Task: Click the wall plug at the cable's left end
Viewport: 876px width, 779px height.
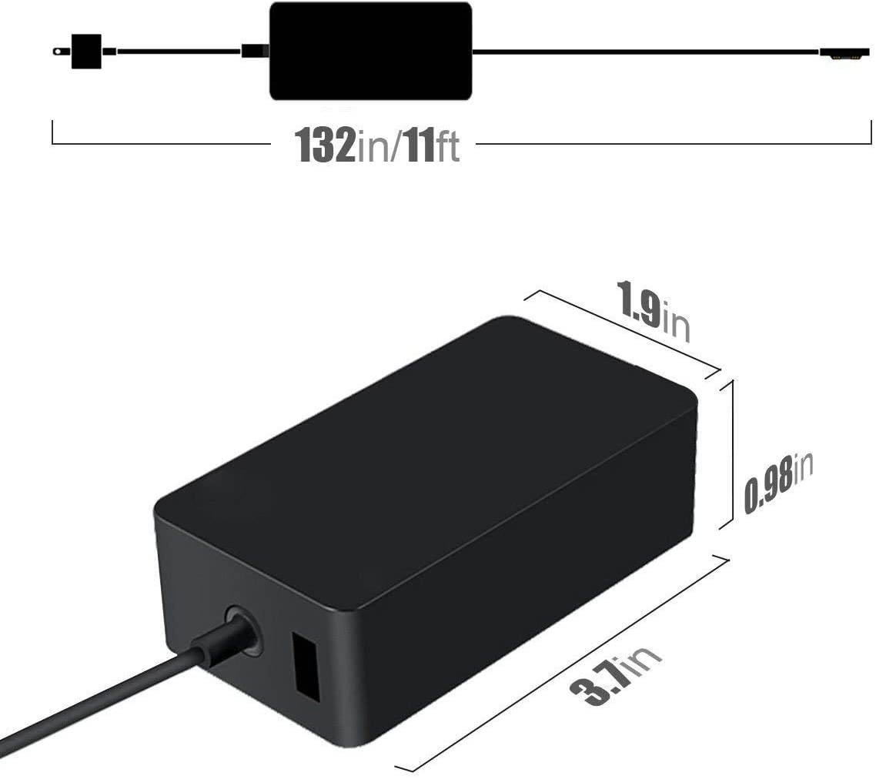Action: (85, 51)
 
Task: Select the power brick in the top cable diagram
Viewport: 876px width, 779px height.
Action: (369, 51)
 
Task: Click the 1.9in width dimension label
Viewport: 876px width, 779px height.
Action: (653, 311)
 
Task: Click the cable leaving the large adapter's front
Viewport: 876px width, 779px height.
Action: (115, 700)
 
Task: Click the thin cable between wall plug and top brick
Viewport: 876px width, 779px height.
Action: (177, 52)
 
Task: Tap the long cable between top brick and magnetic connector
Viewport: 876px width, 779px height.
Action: (647, 52)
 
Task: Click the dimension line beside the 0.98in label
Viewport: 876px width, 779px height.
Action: (731, 454)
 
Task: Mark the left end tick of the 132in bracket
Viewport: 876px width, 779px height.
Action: (52, 132)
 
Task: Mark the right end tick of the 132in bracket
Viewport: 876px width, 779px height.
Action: (871, 132)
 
